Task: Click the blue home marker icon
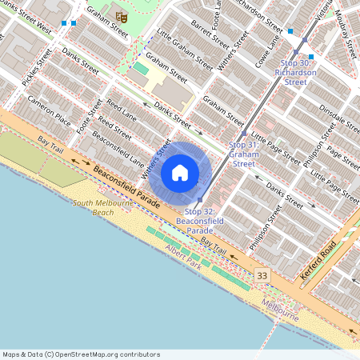[x=180, y=172]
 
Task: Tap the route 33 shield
[x=262, y=275]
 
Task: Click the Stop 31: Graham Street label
[x=243, y=154]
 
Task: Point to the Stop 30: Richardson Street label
[x=296, y=72]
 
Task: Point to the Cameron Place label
[x=50, y=113]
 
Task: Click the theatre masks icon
[x=122, y=17]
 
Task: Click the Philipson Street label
[x=266, y=227]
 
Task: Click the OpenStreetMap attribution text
[x=81, y=354]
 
